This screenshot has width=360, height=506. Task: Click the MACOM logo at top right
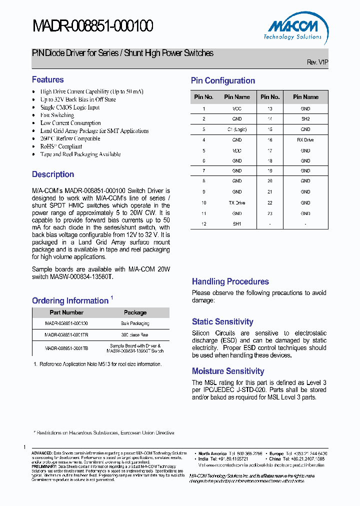click(x=293, y=29)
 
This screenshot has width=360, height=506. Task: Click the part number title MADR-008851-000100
click(x=92, y=26)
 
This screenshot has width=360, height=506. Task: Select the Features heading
click(x=48, y=79)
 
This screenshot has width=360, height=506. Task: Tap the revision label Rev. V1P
click(x=317, y=62)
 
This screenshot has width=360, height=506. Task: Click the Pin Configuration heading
click(x=223, y=80)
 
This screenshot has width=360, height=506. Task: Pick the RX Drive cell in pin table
click(x=305, y=140)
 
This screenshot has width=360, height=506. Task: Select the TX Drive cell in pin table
click(x=237, y=203)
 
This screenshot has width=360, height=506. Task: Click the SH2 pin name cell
click(x=305, y=119)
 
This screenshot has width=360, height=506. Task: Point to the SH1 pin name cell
click(x=237, y=224)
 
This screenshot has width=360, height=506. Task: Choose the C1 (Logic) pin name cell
click(x=237, y=129)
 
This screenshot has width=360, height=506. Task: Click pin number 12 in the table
click(x=204, y=224)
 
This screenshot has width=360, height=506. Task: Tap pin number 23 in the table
click(x=270, y=213)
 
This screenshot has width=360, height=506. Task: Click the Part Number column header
click(x=66, y=312)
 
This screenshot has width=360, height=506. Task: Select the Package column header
click(x=135, y=312)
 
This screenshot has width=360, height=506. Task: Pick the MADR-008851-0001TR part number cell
click(x=66, y=334)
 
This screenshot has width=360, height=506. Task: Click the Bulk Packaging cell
click(x=135, y=323)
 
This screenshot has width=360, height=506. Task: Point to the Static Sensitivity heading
click(x=222, y=322)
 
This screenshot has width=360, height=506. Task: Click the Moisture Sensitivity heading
click(x=228, y=371)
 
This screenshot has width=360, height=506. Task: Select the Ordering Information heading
click(x=70, y=300)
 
